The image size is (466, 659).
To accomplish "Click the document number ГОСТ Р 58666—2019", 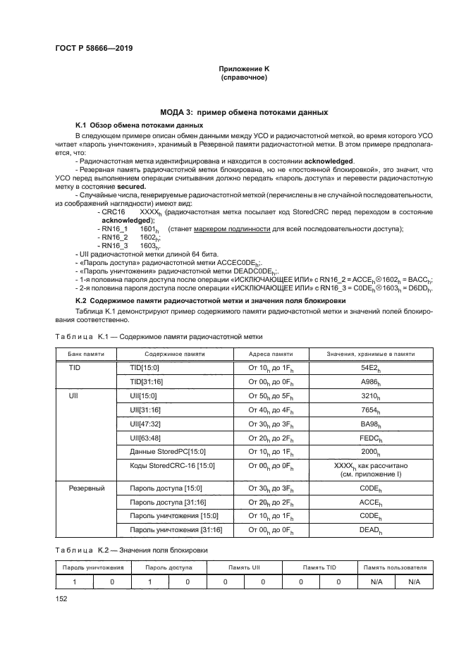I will [93, 47].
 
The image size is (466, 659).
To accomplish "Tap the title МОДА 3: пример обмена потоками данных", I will [243, 113].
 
